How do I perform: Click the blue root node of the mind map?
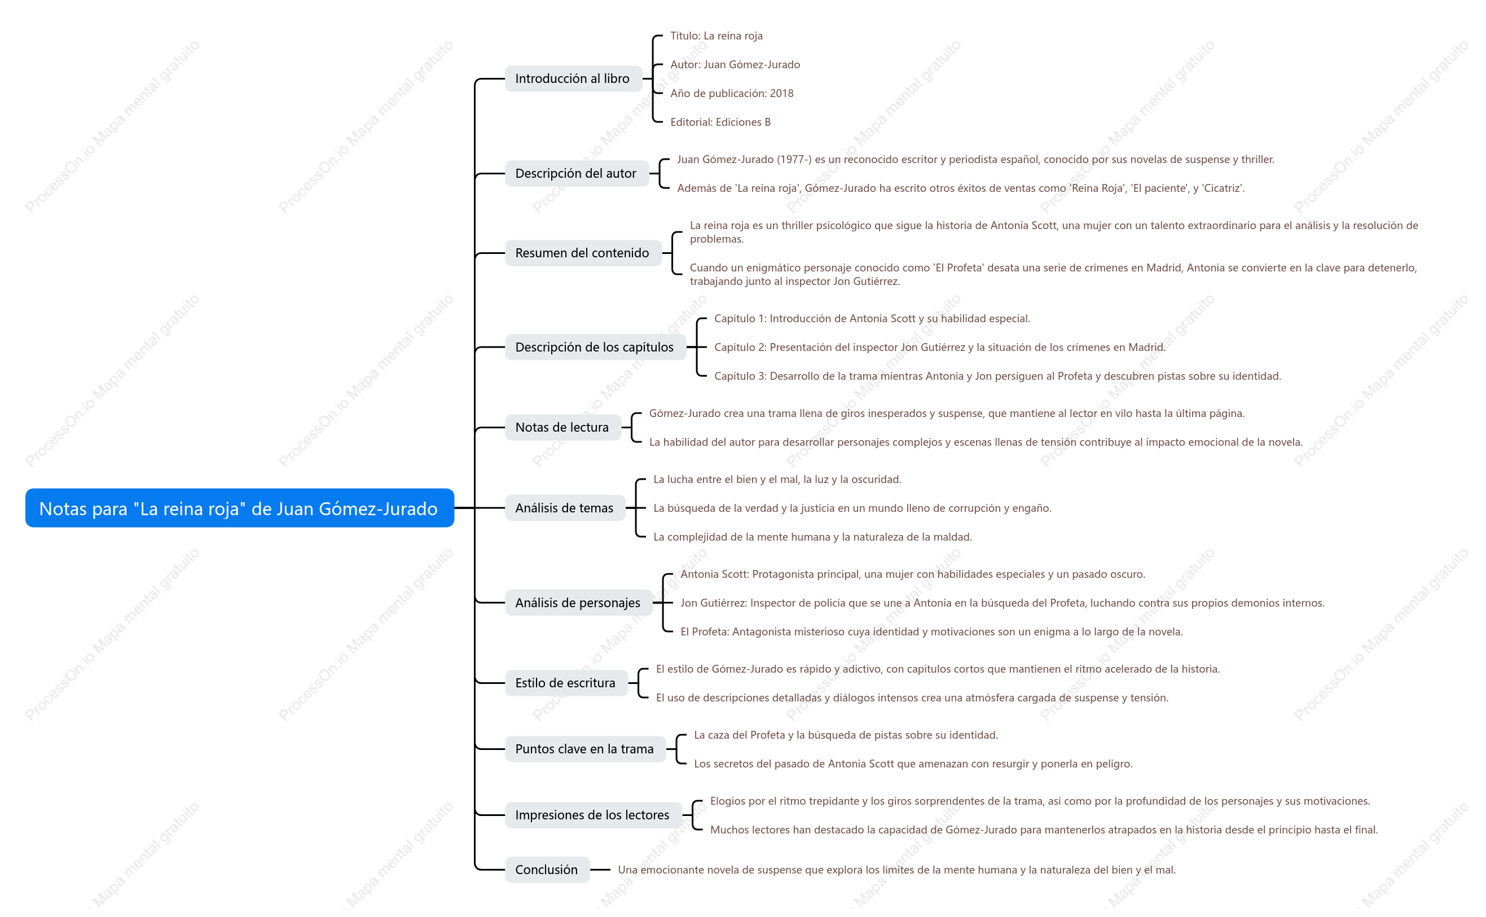click(239, 508)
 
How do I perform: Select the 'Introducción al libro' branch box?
click(573, 79)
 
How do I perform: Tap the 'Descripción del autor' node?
click(577, 173)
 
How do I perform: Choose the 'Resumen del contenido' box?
click(583, 253)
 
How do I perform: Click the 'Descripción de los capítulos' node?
click(595, 347)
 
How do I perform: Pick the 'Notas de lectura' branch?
click(562, 427)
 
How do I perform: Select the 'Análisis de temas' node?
click(565, 508)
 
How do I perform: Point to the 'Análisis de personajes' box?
click(578, 602)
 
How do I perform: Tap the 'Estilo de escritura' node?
click(566, 682)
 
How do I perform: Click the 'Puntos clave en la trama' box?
click(585, 748)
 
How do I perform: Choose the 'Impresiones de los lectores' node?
click(593, 814)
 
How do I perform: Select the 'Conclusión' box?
click(547, 869)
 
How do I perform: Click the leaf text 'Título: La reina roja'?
click(716, 36)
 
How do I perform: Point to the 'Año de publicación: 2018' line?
click(732, 94)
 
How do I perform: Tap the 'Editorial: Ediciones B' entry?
click(720, 122)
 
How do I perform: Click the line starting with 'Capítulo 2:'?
click(940, 347)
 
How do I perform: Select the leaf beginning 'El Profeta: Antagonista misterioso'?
click(931, 631)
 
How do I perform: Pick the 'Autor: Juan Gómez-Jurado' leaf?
click(735, 64)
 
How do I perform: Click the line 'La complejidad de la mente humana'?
click(812, 537)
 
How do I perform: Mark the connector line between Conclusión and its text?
click(600, 869)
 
